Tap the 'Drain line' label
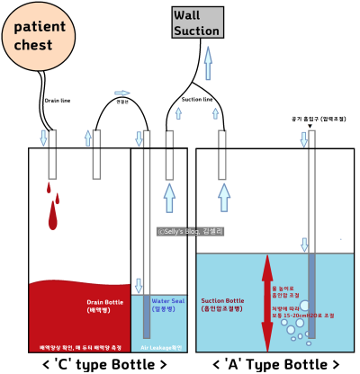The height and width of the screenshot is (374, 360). coord(57,102)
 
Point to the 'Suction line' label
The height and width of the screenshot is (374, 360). coord(197,99)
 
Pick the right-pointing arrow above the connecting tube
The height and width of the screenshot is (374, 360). coord(123,93)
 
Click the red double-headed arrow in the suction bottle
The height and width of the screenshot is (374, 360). coord(266,302)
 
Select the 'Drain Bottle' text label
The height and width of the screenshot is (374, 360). coord(104,306)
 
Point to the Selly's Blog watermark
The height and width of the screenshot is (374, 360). coord(190,231)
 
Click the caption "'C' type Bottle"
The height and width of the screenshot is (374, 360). coord(104,364)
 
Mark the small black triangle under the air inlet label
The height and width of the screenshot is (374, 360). coord(310,126)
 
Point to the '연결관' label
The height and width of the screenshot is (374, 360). coord(121,102)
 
